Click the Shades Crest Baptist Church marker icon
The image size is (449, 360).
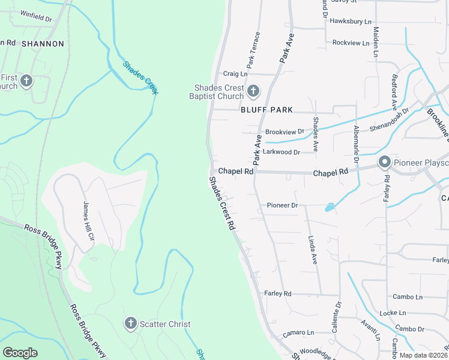tap(253, 91)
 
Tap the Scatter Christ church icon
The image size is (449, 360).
tap(130, 324)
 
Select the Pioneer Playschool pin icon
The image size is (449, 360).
tap(384, 162)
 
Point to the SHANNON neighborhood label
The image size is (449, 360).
tap(43, 44)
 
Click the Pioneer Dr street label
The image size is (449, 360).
tap(282, 205)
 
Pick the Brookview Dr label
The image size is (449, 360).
tap(285, 131)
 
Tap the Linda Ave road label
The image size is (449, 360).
tap(312, 249)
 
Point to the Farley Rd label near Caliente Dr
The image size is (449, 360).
tap(277, 293)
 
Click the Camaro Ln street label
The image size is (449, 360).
tap(298, 332)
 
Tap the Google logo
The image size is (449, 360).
tap(20, 353)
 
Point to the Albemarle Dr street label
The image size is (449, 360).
tap(355, 145)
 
